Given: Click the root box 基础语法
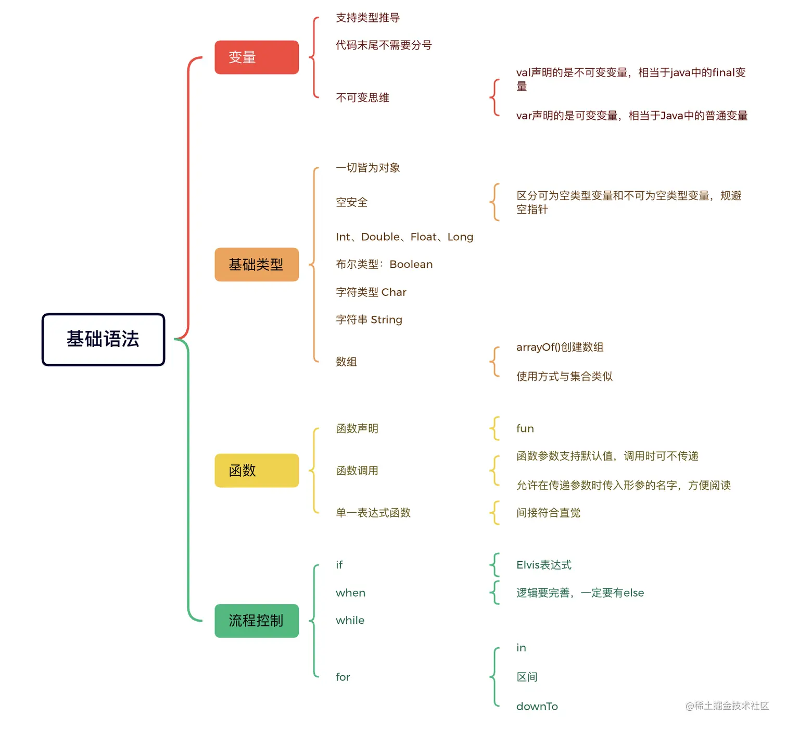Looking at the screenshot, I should [103, 339].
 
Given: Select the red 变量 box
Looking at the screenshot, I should [257, 57].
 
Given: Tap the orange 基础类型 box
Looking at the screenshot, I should [257, 265].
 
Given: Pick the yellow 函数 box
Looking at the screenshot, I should [257, 471].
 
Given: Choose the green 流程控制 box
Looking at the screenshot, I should [257, 621].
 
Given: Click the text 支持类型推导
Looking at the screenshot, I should [367, 18].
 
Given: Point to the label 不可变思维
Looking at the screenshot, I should [362, 97].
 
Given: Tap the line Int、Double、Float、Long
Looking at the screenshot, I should [404, 237].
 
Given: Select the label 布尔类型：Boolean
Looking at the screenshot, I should [384, 264].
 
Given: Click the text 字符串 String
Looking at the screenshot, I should [369, 319].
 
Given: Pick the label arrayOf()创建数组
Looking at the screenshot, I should [560, 347].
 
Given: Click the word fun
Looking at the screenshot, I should [525, 428].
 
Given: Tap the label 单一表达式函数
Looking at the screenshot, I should [373, 513].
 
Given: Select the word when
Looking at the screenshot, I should [350, 593].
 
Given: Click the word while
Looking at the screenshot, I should [350, 620].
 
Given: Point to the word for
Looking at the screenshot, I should [342, 677].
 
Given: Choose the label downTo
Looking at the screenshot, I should [537, 706].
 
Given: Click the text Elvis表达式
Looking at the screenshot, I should [543, 565].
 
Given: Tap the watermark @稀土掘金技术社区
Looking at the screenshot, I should [727, 706].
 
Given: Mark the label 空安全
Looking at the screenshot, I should [351, 202].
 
